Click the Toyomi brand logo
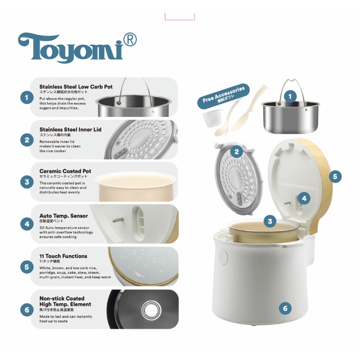click(x=72, y=47)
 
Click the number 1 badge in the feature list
click(x=27, y=97)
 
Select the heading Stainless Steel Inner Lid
click(x=70, y=130)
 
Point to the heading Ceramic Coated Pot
click(x=65, y=171)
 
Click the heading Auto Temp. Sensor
click(x=63, y=216)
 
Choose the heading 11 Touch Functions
click(x=63, y=256)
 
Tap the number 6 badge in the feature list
click(x=27, y=309)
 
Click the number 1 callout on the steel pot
click(x=290, y=96)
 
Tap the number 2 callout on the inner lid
click(x=237, y=151)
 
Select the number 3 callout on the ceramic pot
click(x=270, y=221)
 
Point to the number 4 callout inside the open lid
click(x=304, y=198)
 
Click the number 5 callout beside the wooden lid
click(x=335, y=176)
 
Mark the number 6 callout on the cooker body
click(x=284, y=308)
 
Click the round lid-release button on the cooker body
click(x=224, y=255)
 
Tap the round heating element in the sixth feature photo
click(x=149, y=309)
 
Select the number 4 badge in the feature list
click(x=27, y=224)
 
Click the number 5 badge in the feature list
click(x=27, y=267)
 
